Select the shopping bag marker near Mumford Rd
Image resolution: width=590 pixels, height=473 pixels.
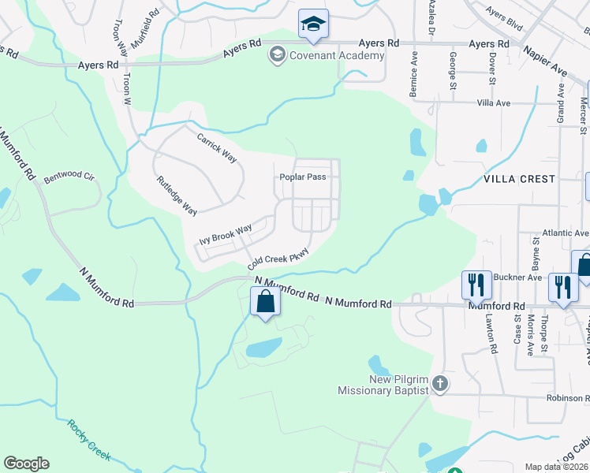coord(264,302)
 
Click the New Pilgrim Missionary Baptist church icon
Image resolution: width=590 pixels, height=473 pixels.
coord(440,384)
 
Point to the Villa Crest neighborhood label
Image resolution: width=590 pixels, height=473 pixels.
coord(519,179)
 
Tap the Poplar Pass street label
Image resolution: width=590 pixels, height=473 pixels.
coord(303,177)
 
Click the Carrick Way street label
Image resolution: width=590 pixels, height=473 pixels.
coord(216,147)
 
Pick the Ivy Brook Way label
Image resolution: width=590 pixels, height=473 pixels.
coord(226,234)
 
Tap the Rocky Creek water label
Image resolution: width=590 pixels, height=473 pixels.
coord(88,440)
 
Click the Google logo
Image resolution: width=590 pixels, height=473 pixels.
coord(26,464)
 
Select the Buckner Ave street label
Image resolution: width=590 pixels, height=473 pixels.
coord(517,277)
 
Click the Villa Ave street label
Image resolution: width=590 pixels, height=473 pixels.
coord(494,103)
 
